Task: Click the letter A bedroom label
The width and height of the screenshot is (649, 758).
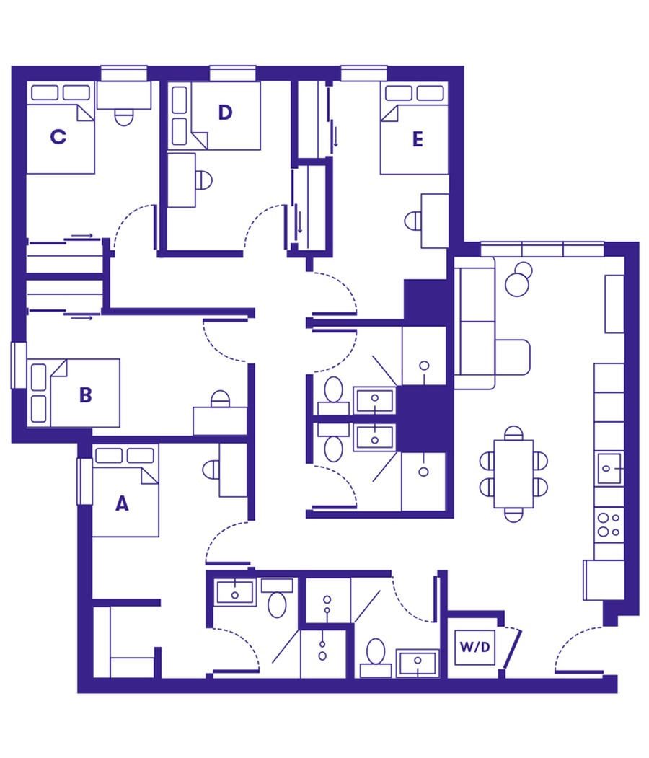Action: [x=122, y=505]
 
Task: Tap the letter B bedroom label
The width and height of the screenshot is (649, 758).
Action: [x=85, y=395]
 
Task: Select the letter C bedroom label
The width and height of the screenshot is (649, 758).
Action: [x=58, y=136]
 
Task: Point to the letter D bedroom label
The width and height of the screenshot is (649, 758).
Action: [x=225, y=113]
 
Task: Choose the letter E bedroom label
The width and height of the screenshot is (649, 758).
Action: [x=418, y=140]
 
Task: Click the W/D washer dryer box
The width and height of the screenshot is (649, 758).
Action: [x=475, y=645]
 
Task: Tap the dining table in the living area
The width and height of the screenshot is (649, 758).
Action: [x=513, y=473]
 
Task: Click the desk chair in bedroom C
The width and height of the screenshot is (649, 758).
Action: [x=125, y=117]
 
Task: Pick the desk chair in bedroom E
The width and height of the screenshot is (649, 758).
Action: [x=412, y=219]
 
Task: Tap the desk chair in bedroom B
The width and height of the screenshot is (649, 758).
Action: [x=219, y=398]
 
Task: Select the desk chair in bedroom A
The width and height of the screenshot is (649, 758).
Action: [x=211, y=470]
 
